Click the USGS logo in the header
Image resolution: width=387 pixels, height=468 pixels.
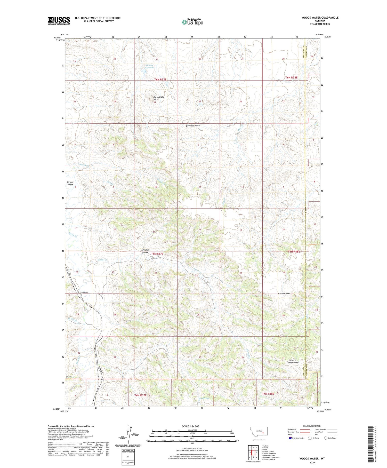tap(59, 20)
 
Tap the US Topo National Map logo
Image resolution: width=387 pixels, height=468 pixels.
tap(192, 22)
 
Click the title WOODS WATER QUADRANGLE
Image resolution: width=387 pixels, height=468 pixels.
tap(320, 18)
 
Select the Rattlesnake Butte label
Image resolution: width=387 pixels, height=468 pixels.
tap(158, 98)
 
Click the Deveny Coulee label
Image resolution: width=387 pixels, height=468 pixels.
tap(193, 126)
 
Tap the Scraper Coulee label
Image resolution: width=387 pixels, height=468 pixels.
tap(70, 183)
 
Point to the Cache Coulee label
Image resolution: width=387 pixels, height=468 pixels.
tap(284, 294)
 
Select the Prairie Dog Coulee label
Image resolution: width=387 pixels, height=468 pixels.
tap(293, 361)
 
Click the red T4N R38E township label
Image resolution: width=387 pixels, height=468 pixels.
tap(268, 394)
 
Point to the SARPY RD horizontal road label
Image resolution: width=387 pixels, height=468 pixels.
tap(84, 292)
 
